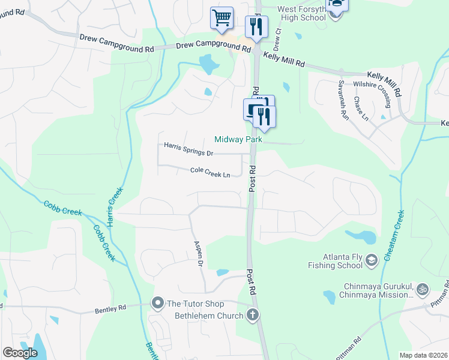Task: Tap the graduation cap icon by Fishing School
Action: [371, 259]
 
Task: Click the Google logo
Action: [20, 353]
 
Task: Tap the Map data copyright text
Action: [423, 355]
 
